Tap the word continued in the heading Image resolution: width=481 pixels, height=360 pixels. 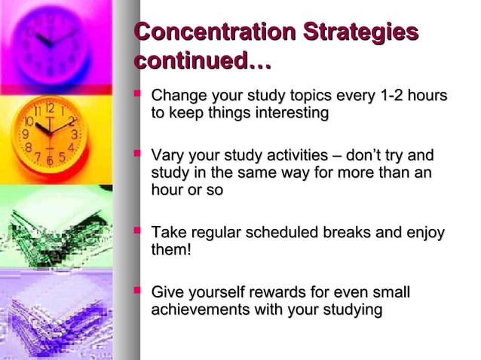195,62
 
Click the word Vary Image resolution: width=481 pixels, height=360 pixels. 168,157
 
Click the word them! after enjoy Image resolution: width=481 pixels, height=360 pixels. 171,250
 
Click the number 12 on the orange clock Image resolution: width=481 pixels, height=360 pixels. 50,108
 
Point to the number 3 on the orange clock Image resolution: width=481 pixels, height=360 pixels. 73,134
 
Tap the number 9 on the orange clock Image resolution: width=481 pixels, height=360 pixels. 25,134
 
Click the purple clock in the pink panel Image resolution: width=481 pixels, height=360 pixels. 53,41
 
